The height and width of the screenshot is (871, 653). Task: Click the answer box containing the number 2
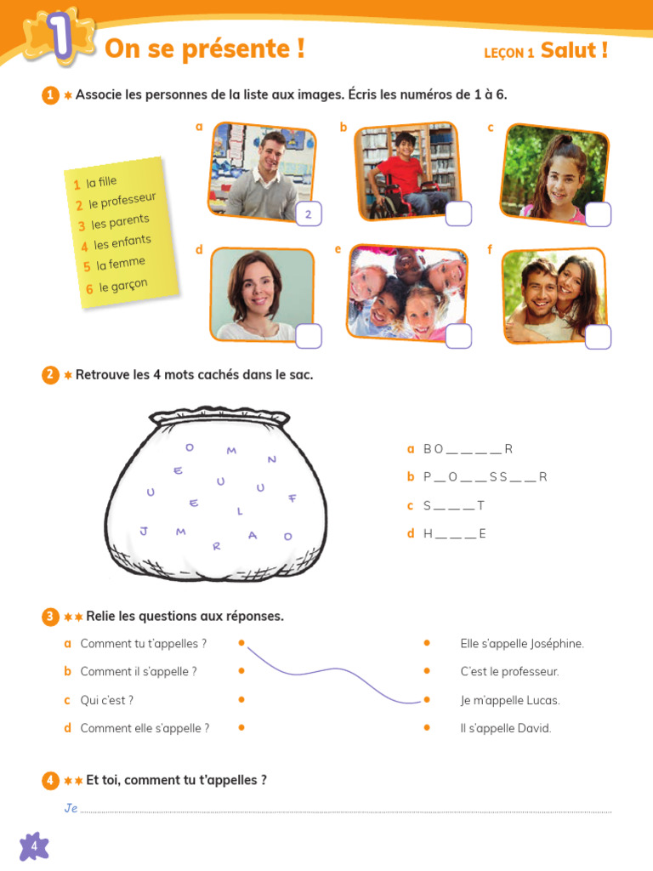coord(308,215)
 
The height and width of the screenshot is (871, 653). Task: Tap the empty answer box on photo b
coord(458,214)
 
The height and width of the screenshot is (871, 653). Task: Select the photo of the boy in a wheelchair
coord(406,170)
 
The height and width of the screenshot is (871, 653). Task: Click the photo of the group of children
coord(406,292)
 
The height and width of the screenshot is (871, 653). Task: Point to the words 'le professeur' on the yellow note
coord(122,202)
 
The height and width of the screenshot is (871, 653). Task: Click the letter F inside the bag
coord(292,498)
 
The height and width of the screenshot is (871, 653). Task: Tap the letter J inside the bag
coord(144,531)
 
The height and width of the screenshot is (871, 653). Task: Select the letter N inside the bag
coord(272,459)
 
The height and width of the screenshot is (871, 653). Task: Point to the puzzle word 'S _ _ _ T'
coord(454,506)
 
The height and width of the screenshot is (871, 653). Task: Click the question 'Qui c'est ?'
coord(106,700)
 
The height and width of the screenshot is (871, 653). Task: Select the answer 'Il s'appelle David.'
coord(506,728)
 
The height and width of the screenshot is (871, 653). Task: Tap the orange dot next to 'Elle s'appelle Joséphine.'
coord(427,643)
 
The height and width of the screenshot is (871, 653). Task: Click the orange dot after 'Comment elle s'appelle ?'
coord(241,727)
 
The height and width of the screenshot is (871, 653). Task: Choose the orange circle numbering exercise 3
coord(50,616)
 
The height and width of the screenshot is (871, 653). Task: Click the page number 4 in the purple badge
coord(34,845)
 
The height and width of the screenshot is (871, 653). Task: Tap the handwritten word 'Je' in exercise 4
coord(71,808)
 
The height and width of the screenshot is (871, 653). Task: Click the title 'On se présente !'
coord(204,49)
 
